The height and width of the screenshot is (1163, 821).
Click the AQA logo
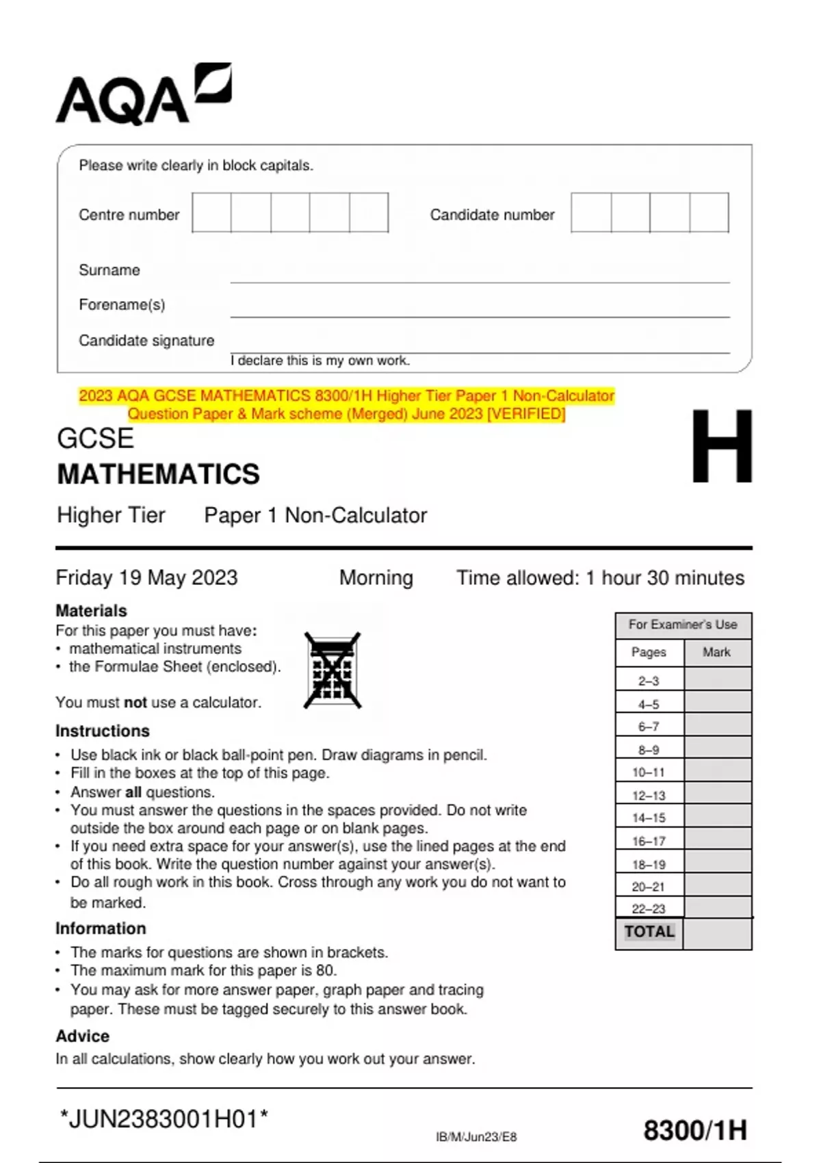point(143,96)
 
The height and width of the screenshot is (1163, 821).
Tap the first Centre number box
point(211,213)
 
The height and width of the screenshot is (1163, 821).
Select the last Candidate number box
point(709,213)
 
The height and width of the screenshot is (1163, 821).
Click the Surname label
point(109,270)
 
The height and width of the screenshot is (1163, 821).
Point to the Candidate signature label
point(146,341)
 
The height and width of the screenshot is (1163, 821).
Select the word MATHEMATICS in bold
point(158,474)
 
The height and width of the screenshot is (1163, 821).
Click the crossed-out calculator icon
point(333,670)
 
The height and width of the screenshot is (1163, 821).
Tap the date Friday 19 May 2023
point(146,577)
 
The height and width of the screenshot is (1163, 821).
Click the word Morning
point(376,578)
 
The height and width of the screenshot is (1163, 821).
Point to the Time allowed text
point(600,578)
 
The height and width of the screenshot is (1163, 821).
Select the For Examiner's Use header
point(683,625)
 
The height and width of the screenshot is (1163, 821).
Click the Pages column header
point(649,653)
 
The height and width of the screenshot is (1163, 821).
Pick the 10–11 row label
point(649,772)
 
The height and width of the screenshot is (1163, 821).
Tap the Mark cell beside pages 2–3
point(717,680)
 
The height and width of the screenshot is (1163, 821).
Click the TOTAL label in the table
point(649,932)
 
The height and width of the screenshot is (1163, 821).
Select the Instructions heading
point(103,731)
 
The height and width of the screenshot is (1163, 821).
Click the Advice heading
point(83,1036)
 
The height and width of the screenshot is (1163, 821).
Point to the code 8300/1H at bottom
point(695,1130)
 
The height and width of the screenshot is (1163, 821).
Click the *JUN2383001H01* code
point(164,1119)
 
